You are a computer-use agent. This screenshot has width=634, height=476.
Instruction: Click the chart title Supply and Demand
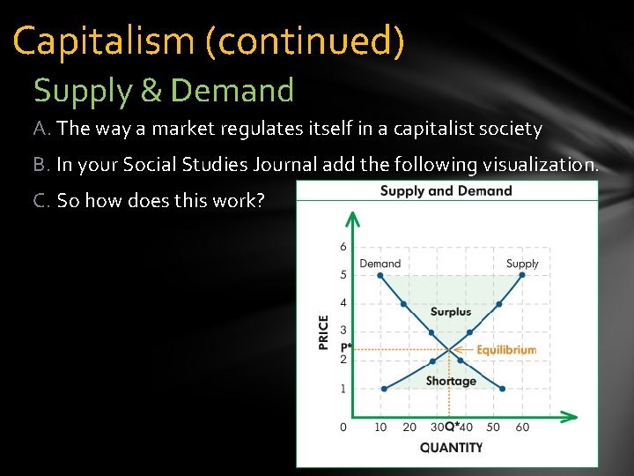446,190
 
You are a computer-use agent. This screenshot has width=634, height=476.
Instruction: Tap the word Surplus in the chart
450,311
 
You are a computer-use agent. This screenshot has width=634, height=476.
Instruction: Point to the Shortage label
451,381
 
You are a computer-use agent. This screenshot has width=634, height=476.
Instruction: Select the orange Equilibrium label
505,350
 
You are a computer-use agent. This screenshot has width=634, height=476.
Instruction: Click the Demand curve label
380,263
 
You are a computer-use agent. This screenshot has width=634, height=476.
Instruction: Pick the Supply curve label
522,263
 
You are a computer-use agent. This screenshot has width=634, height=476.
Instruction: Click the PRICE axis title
324,332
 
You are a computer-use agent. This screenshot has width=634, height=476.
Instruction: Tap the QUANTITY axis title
451,447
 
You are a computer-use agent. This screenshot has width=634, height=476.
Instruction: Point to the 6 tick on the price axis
343,247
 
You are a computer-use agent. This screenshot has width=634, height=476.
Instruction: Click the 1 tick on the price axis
343,388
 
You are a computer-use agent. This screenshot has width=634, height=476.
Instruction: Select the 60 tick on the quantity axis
522,428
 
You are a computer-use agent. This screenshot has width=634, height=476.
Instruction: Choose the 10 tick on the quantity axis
380,428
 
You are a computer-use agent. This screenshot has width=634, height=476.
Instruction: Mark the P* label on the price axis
345,347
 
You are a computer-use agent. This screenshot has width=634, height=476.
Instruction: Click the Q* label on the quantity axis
451,428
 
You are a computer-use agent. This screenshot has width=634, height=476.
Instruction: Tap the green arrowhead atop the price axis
351,218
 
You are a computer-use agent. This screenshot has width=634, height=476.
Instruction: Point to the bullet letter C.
41,200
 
